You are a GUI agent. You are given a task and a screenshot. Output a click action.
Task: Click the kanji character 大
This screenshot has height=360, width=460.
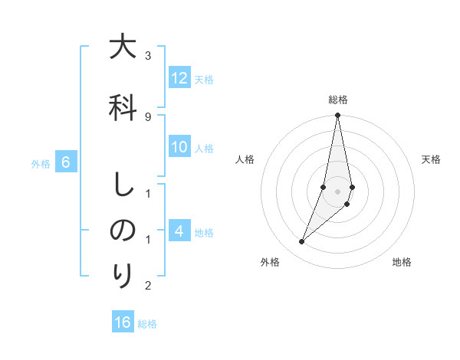pos(123,47)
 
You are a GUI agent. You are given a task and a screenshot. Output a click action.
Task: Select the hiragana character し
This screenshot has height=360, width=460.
pos(123,185)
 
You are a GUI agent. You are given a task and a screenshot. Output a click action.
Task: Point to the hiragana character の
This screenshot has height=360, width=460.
pos(123,231)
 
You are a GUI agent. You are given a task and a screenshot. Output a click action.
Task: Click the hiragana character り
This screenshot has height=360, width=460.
pos(123,277)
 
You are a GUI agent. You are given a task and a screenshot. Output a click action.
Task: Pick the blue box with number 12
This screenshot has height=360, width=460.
pos(179,78)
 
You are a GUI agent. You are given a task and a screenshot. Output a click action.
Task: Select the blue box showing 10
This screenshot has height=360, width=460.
pos(179,148)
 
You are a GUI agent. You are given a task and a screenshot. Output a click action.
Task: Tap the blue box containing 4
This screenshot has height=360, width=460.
pos(179,231)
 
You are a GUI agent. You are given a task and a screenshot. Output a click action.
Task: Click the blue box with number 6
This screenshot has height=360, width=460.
pos(66,162)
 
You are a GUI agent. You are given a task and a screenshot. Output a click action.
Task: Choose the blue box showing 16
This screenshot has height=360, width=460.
pos(123,322)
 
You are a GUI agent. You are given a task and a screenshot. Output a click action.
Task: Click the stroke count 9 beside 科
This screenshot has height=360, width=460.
pos(148,116)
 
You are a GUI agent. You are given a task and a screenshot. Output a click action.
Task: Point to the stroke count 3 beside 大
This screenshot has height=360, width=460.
pos(148,56)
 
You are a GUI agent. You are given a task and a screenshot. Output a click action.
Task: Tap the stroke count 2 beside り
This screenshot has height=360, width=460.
pos(148,286)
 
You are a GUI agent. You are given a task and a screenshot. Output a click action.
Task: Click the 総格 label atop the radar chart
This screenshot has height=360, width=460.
pos(338,100)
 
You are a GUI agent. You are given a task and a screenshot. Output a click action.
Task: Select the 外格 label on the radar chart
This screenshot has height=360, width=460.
pos(270,263)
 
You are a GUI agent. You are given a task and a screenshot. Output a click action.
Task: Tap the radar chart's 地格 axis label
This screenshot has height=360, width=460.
pos(402,263)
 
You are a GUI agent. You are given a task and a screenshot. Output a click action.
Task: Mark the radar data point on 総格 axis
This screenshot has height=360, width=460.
pos(337,116)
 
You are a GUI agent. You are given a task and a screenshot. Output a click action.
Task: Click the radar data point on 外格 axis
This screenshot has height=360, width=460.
pos(302,241)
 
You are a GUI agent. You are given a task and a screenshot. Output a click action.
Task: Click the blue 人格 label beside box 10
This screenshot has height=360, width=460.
pos(204,149)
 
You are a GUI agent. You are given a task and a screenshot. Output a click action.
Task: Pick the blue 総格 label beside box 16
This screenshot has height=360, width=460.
pos(147,324)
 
